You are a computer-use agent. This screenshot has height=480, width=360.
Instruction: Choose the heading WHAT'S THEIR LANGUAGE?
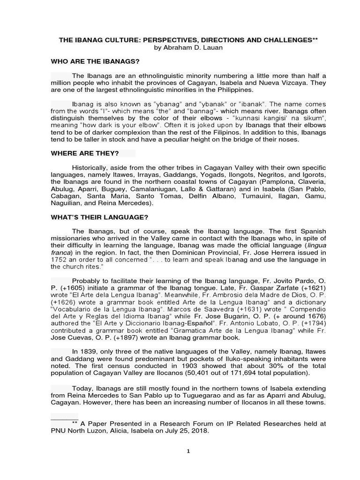99,217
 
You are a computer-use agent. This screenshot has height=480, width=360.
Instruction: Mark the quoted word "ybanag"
150,104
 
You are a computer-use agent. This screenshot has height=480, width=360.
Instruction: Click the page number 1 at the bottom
188,451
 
